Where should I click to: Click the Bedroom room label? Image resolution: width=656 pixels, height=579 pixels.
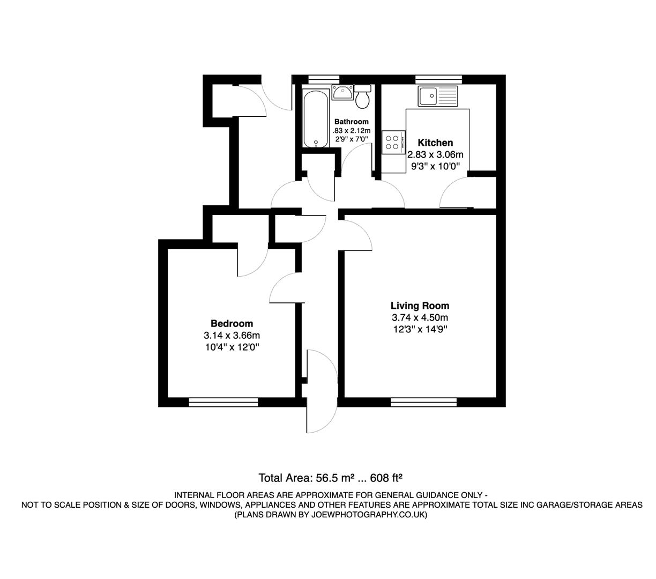pyautogui.click(x=232, y=323)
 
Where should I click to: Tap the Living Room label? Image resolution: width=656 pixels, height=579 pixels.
pyautogui.click(x=420, y=306)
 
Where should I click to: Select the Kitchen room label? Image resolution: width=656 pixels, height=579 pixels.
pyautogui.click(x=435, y=143)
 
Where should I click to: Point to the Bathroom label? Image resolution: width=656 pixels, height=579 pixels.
pyautogui.click(x=351, y=122)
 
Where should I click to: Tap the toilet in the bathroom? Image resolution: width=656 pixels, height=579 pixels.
pyautogui.click(x=363, y=96)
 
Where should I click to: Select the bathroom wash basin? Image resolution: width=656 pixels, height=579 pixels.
pyautogui.click(x=341, y=92)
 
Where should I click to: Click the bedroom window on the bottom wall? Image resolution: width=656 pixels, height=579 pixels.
pyautogui.click(x=223, y=401)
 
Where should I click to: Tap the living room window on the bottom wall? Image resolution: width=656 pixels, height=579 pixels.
pyautogui.click(x=423, y=401)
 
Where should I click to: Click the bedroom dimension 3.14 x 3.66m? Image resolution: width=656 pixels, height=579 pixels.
pyautogui.click(x=232, y=336)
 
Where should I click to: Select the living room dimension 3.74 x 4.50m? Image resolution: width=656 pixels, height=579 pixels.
pyautogui.click(x=420, y=318)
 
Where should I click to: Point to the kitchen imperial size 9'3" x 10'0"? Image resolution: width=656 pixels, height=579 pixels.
pyautogui.click(x=435, y=166)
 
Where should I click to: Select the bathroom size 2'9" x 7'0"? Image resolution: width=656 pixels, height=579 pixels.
pyautogui.click(x=351, y=139)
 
